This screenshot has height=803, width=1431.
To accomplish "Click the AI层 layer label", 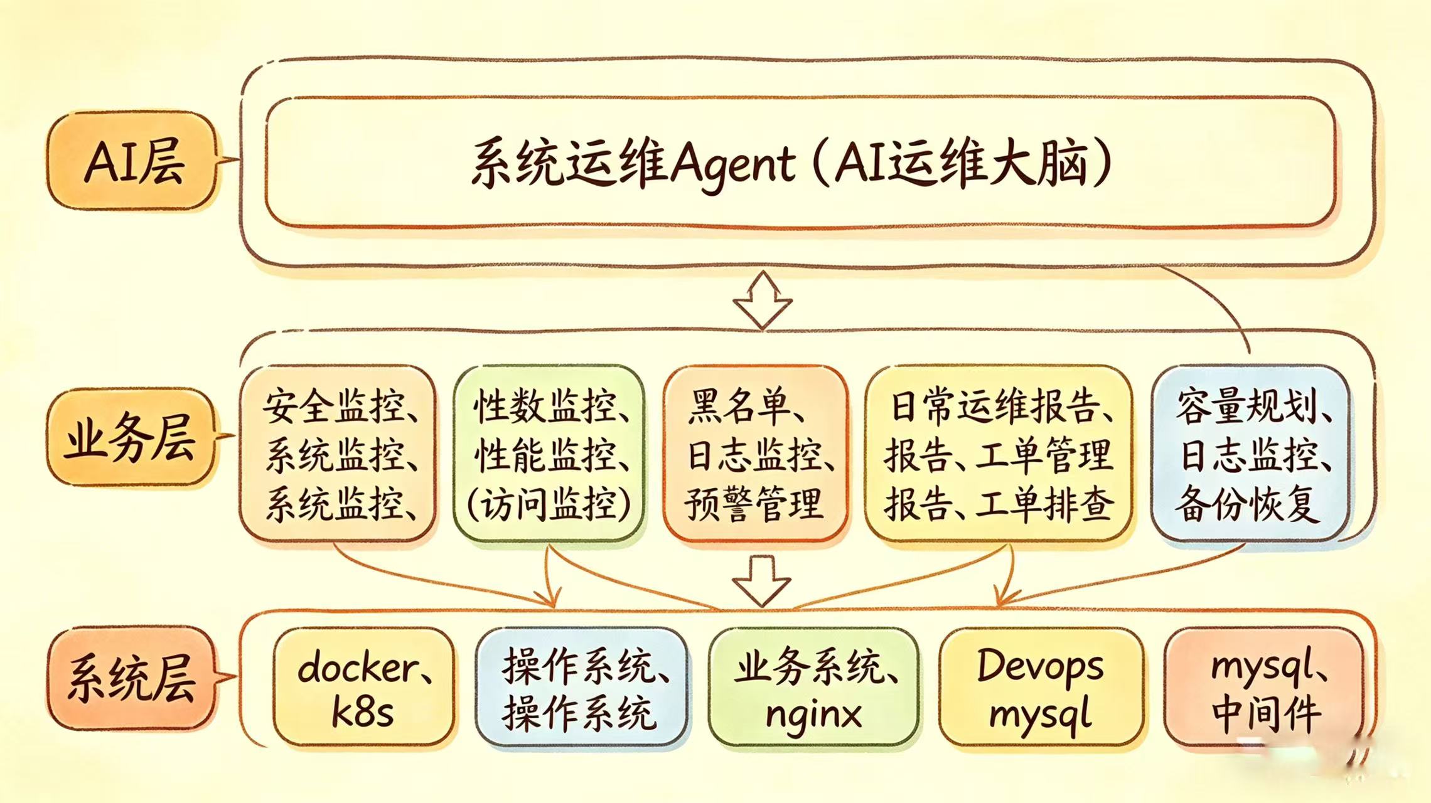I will click(x=133, y=161).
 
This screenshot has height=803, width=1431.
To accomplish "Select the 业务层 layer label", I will click(x=131, y=437).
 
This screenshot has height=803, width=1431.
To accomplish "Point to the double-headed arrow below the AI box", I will click(x=763, y=300).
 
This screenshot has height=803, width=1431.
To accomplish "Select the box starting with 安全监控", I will click(x=338, y=453).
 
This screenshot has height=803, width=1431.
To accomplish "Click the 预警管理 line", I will click(x=753, y=503).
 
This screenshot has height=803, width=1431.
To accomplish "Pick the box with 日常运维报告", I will click(x=998, y=453).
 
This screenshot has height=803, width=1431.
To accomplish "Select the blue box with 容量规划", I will click(x=1251, y=453).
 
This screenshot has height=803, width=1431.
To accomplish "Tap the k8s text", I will click(x=362, y=713).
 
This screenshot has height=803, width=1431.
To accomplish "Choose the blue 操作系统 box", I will click(x=581, y=689).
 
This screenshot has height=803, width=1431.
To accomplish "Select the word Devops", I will click(x=1040, y=667).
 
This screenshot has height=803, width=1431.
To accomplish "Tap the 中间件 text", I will click(x=1266, y=714).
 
